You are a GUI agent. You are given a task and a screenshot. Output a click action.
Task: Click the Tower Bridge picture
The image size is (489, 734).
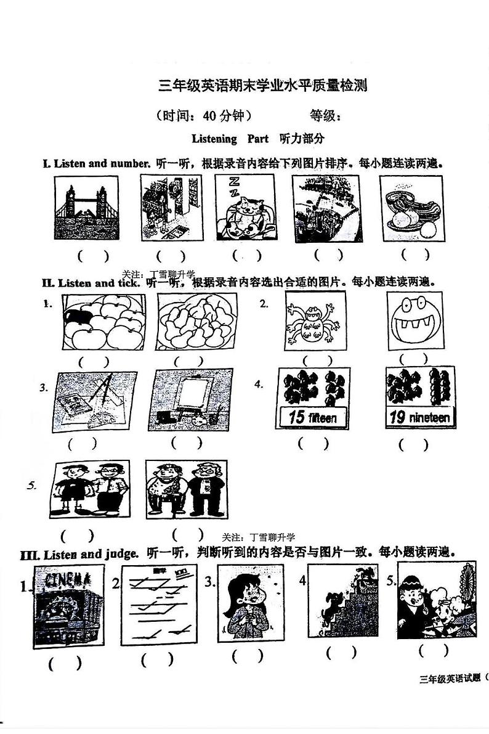[86, 208]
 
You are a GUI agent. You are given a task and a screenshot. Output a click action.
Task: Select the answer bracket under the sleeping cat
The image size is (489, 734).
[246, 255]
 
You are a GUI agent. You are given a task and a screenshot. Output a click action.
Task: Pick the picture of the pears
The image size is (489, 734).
[195, 322]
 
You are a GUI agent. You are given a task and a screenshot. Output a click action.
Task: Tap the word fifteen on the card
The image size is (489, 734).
[322, 418]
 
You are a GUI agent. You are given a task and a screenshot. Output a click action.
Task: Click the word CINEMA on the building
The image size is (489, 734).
[67, 580]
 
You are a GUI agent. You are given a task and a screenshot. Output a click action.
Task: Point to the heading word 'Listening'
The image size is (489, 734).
[214, 139]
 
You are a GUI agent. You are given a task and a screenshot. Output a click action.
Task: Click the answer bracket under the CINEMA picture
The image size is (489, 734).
[65, 664]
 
